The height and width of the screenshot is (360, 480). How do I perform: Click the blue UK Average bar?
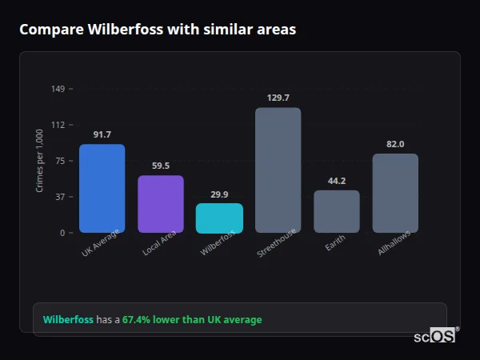click(102, 189)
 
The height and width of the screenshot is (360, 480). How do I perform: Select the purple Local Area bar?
click(161, 204)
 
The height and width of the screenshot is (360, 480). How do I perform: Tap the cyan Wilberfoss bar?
click(219, 218)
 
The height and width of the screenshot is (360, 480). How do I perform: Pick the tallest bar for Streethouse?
click(278, 170)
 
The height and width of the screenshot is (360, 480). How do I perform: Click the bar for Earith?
click(336, 211)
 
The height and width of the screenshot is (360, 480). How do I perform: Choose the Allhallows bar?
click(395, 193)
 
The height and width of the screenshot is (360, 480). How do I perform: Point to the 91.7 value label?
click(102, 134)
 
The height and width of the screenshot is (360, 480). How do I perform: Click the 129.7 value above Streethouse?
click(278, 98)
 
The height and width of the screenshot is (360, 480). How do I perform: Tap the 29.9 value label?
click(219, 194)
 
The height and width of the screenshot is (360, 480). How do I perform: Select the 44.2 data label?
click(336, 181)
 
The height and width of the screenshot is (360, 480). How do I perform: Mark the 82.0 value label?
click(395, 144)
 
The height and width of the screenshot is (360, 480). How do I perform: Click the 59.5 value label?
click(161, 166)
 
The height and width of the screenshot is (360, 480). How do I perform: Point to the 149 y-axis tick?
click(58, 89)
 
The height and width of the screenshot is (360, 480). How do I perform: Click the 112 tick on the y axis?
click(58, 125)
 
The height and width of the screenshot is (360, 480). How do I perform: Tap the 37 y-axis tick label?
click(60, 197)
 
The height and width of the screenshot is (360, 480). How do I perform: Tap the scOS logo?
click(435, 336)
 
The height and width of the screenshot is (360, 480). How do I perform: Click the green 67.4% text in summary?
click(192, 320)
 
